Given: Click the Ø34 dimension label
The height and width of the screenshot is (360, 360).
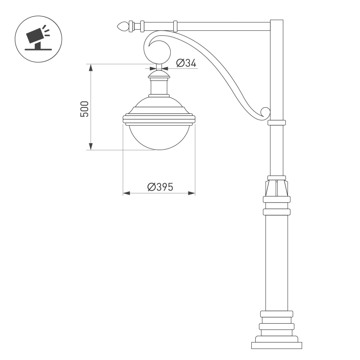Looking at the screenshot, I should tap(186, 63).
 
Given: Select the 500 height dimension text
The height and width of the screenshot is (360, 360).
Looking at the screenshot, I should tap(84, 109).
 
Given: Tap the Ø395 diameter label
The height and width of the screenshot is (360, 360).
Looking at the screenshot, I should tap(160, 187).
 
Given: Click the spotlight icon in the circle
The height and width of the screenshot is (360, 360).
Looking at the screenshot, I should tap(38, 38).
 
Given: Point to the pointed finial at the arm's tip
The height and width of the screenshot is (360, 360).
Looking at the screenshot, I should tap(123, 26).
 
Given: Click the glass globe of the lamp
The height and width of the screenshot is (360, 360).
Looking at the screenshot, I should tap(159, 137).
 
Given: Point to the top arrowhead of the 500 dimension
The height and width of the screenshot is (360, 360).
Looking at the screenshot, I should tap(91, 67).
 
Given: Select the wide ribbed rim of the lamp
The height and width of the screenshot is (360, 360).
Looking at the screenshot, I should tap(159, 119).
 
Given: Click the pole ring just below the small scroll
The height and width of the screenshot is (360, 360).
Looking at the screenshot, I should tap(276, 123).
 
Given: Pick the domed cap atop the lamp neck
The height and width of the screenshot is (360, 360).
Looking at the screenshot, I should tap(159, 74).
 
